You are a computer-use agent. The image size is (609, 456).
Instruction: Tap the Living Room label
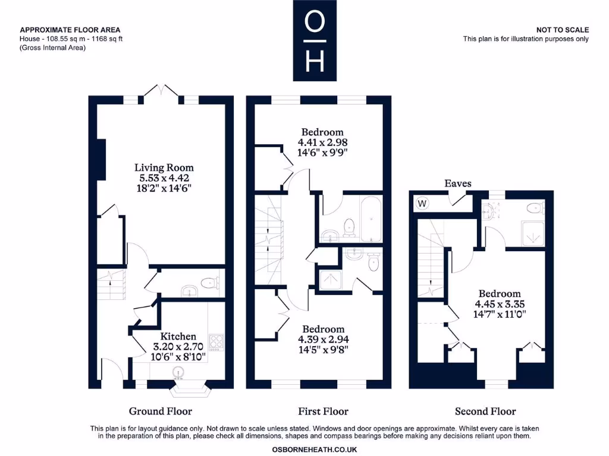pos(164,167)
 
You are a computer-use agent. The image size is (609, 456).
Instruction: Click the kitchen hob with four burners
pos(216,342)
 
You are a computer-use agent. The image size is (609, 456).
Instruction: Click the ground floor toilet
pos(209,283)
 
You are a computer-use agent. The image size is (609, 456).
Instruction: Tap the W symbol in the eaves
pos(422,204)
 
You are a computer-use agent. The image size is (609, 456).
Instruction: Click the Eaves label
pos(458,183)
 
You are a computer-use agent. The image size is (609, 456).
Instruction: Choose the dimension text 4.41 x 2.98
pos(322,142)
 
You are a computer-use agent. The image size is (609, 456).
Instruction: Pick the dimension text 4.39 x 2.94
pos(323,339)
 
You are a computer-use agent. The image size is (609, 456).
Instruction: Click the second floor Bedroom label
pos(500,293)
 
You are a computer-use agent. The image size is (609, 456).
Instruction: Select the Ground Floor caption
pos(161,411)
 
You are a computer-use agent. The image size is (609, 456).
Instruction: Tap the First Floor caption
pos(323,411)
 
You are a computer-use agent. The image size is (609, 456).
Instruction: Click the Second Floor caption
pos(485,411)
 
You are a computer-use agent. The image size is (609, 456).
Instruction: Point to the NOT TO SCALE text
pos(562,30)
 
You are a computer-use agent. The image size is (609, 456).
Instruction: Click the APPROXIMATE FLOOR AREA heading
pos(70,30)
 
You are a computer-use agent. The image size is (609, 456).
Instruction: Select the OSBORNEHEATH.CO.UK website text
pos(314,449)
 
